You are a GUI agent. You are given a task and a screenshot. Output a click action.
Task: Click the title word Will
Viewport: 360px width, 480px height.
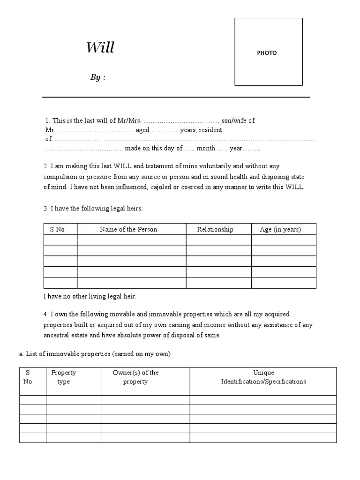[100, 48]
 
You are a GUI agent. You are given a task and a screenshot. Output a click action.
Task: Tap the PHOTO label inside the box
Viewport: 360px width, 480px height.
[267, 53]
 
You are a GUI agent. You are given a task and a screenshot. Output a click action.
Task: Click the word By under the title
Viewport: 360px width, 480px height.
[95, 78]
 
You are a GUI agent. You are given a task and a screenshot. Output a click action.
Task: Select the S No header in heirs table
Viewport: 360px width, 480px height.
[57, 229]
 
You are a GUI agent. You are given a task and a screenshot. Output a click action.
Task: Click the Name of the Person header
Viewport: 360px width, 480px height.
[128, 229]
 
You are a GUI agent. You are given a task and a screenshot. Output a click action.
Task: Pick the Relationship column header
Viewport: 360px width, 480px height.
[215, 229]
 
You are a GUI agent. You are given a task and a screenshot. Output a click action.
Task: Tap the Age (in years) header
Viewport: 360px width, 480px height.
[280, 229]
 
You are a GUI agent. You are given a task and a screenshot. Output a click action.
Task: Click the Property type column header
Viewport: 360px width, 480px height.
[63, 377]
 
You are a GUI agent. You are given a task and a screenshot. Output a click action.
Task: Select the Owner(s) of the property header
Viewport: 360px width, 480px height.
[136, 377]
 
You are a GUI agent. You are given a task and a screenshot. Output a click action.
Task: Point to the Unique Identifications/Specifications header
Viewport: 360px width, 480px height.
[263, 377]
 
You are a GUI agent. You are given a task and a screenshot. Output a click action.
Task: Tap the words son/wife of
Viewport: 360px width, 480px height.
[238, 120]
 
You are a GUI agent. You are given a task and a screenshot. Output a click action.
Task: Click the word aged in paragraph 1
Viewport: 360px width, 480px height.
[142, 130]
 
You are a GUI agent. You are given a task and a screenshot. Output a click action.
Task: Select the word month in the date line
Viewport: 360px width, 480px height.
[206, 148]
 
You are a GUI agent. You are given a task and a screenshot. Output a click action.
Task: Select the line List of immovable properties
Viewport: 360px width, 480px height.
[95, 354]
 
